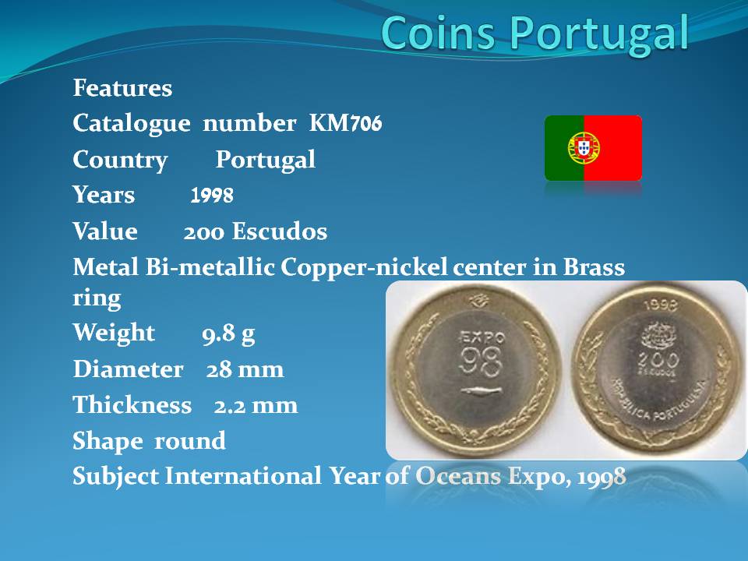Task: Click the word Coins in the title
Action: pos(438,33)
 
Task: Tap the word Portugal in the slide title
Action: pos(600,34)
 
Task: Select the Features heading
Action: pos(122,88)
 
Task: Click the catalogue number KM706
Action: pos(345,122)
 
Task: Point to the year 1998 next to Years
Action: pos(212,195)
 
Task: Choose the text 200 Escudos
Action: pos(256,231)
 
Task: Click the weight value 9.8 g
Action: pos(228,334)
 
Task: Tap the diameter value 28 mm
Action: pos(245,369)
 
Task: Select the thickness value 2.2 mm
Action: pos(256,405)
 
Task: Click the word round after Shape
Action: pos(189,440)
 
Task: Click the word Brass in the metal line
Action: pos(594,266)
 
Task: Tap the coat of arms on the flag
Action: pos(584,147)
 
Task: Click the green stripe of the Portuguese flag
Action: pos(560,148)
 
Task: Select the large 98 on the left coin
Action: pos(480,361)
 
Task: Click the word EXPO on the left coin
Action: pos(482,337)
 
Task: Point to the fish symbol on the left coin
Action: pos(481,391)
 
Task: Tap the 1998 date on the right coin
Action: pos(661,305)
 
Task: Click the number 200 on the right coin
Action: pos(659,359)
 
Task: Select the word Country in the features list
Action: pos(120,160)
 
